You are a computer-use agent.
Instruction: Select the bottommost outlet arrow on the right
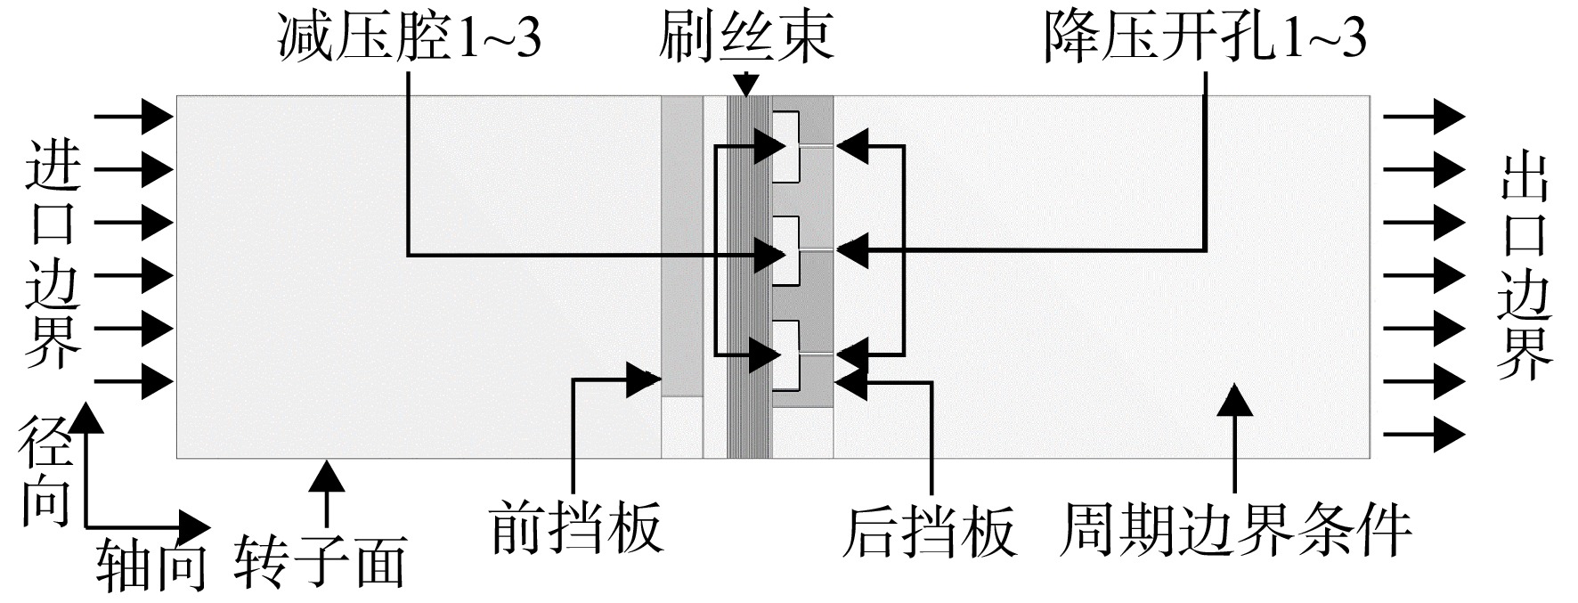(1425, 434)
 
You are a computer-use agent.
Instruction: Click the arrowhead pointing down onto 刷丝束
(746, 86)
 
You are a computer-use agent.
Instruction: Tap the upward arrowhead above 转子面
(327, 475)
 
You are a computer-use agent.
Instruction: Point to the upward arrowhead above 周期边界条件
(1236, 398)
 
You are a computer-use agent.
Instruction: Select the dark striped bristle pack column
(749, 276)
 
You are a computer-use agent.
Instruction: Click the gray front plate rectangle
(682, 245)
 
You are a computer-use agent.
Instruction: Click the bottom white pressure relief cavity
(785, 355)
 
